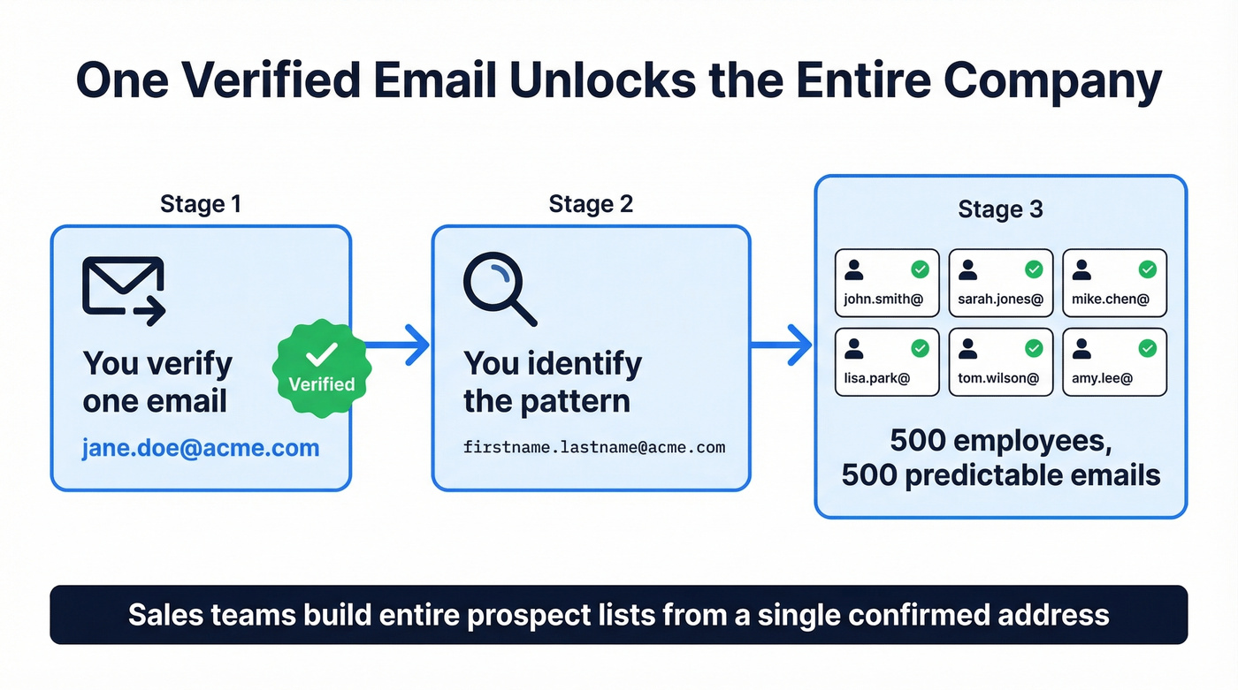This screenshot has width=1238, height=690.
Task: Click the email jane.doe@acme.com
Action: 201,448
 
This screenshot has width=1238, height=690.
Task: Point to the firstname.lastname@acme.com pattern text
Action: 594,447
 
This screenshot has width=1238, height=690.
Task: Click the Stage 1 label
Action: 201,204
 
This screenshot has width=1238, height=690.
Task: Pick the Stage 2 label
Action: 591,204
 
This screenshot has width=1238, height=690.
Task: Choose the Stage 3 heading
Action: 1000,209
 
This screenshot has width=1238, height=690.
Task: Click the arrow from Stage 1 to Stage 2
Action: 398,344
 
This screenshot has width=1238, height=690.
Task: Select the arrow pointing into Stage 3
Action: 782,344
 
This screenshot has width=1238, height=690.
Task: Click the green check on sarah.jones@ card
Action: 1034,269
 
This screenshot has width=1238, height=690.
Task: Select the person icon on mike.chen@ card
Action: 1081,269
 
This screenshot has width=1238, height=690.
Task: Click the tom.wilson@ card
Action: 1000,362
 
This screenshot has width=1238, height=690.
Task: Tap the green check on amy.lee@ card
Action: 1147,348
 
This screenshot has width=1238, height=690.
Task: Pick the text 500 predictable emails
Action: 1000,475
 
